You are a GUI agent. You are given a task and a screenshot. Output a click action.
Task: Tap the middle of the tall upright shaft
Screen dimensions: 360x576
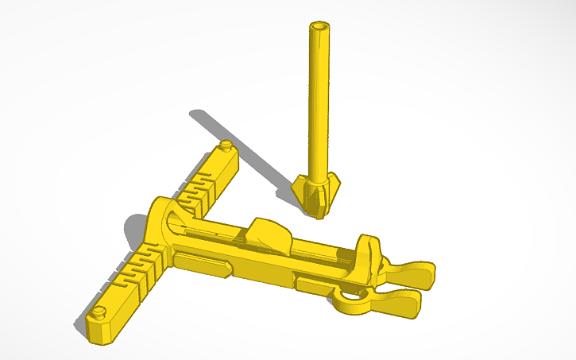click(x=319, y=103)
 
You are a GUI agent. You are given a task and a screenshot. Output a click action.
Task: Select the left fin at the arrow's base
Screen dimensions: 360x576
click(x=300, y=191)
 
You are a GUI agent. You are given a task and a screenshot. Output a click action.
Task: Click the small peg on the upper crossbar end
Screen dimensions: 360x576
click(x=226, y=146)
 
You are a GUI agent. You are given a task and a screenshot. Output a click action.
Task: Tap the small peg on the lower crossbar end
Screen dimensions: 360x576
click(x=100, y=312)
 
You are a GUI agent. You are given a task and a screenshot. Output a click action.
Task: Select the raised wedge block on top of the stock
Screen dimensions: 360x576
click(x=267, y=234)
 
